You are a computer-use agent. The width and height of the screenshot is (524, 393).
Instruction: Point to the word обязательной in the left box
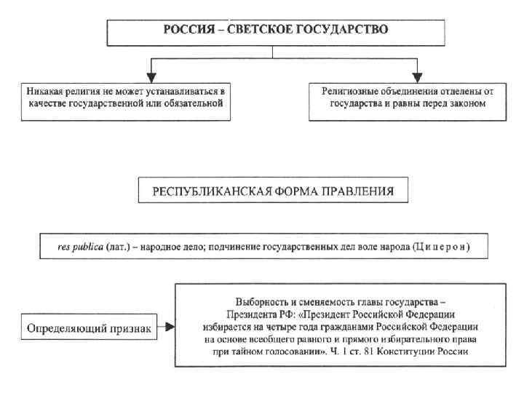click(x=195, y=103)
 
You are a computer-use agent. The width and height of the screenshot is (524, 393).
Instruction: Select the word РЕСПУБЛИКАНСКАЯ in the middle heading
click(x=206, y=192)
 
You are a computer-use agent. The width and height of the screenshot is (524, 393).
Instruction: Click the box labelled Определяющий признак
click(x=90, y=328)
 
